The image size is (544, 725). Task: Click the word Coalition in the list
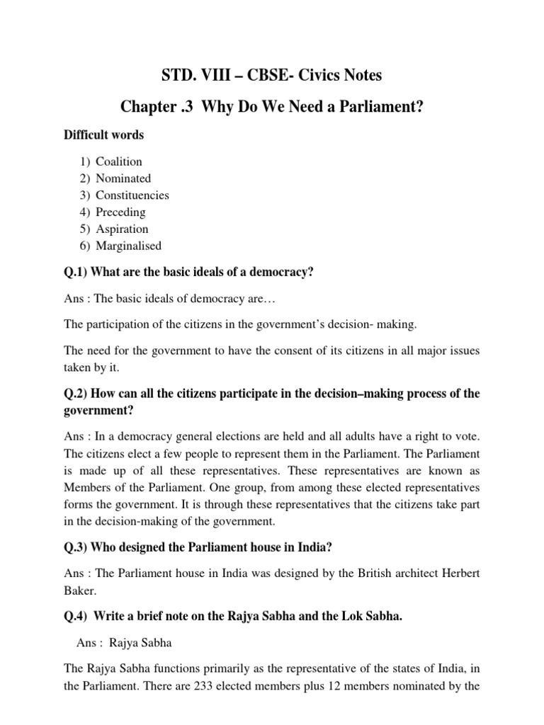point(119,161)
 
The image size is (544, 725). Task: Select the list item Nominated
point(123,178)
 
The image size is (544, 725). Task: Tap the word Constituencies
point(132,195)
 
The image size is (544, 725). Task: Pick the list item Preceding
point(120,212)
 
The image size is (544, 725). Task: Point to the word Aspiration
point(122,229)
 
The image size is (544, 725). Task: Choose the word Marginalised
point(128,246)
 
